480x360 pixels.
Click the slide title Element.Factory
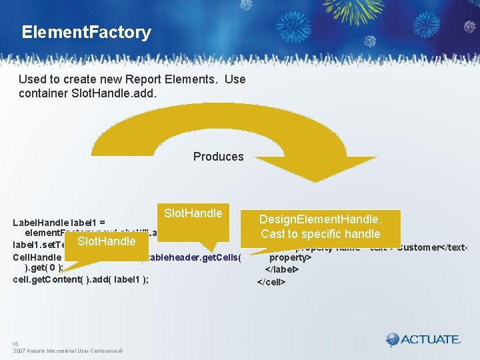(86, 32)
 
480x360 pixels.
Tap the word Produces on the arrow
(218, 157)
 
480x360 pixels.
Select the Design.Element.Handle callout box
(321, 227)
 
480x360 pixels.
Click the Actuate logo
(423, 339)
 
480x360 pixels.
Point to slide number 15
(15, 344)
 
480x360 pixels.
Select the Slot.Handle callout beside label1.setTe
(105, 241)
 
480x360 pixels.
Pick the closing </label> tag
(282, 270)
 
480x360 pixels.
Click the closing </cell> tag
(271, 282)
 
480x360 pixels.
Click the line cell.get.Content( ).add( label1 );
(81, 279)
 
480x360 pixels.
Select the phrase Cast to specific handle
(321, 233)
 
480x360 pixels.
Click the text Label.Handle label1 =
(59, 221)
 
